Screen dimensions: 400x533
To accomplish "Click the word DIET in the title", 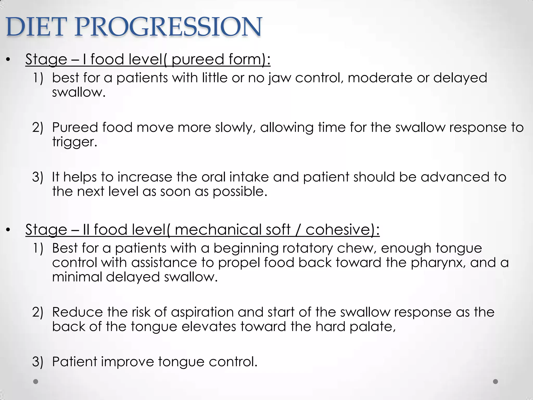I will click(x=34, y=27).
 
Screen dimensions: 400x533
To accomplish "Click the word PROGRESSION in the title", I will click(x=168, y=27).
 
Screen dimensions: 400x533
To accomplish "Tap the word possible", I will click(x=240, y=192).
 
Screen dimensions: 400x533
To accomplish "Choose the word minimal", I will click(x=77, y=277).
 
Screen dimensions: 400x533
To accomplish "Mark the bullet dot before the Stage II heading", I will click(x=8, y=230).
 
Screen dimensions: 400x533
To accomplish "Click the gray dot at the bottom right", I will click(x=496, y=382).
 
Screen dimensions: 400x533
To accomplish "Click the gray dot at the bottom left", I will click(x=36, y=382).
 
